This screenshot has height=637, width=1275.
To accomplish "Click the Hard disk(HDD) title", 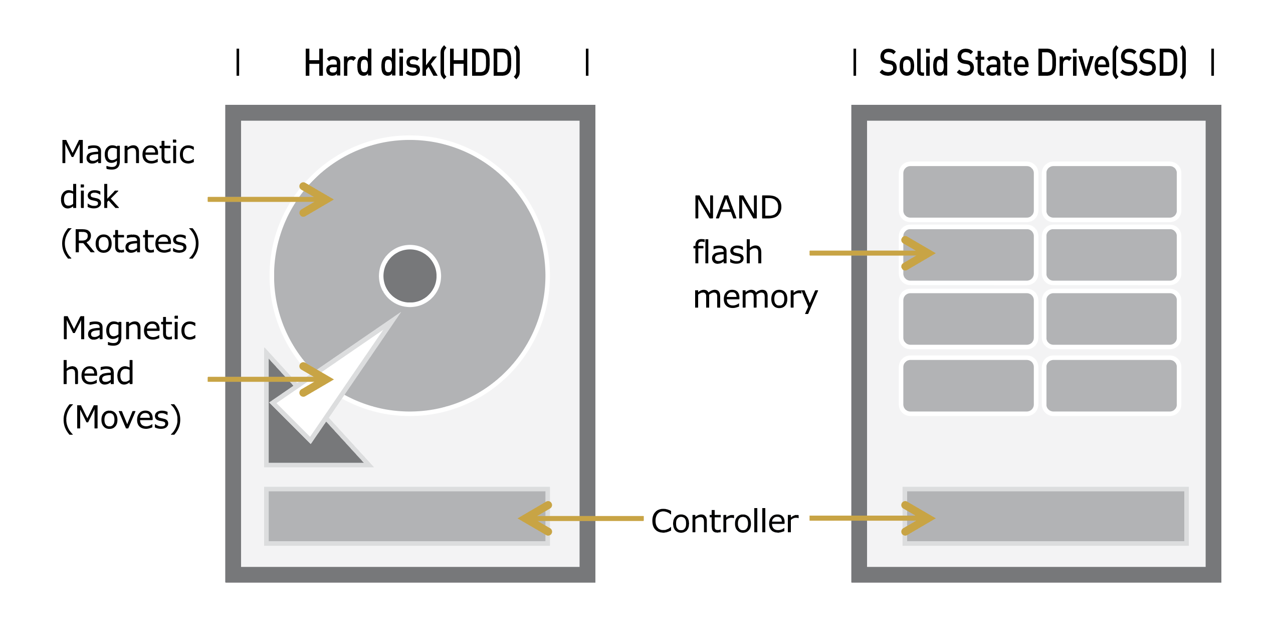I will coord(412,63).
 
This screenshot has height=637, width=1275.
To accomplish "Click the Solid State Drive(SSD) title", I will coord(1033,63).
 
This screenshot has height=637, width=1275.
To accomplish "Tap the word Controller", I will coord(724,522).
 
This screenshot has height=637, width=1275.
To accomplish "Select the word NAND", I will coord(737,207).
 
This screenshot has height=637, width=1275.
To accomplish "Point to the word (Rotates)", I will coord(130,242).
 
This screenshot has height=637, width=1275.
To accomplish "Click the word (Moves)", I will coord(121,418).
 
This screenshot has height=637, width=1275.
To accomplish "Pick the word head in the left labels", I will coord(98,373).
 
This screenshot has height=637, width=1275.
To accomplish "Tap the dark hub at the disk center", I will coord(409,276).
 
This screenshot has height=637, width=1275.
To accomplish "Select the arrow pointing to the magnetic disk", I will coord(271,200).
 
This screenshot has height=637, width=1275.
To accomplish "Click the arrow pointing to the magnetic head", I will coord(271,379).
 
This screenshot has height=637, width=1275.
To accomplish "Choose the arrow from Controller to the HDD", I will coord(581,519).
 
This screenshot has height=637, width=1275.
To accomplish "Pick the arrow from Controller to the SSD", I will coord(872,518).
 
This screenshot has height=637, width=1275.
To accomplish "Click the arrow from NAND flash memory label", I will coord(872,253).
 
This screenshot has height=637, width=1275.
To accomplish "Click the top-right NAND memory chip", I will coord(1112,192).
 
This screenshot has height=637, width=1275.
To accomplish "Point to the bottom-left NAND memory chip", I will coord(968,385).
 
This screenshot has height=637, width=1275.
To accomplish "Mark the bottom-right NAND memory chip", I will coord(1112,385).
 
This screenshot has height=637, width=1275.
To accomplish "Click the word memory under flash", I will coord(755,297).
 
